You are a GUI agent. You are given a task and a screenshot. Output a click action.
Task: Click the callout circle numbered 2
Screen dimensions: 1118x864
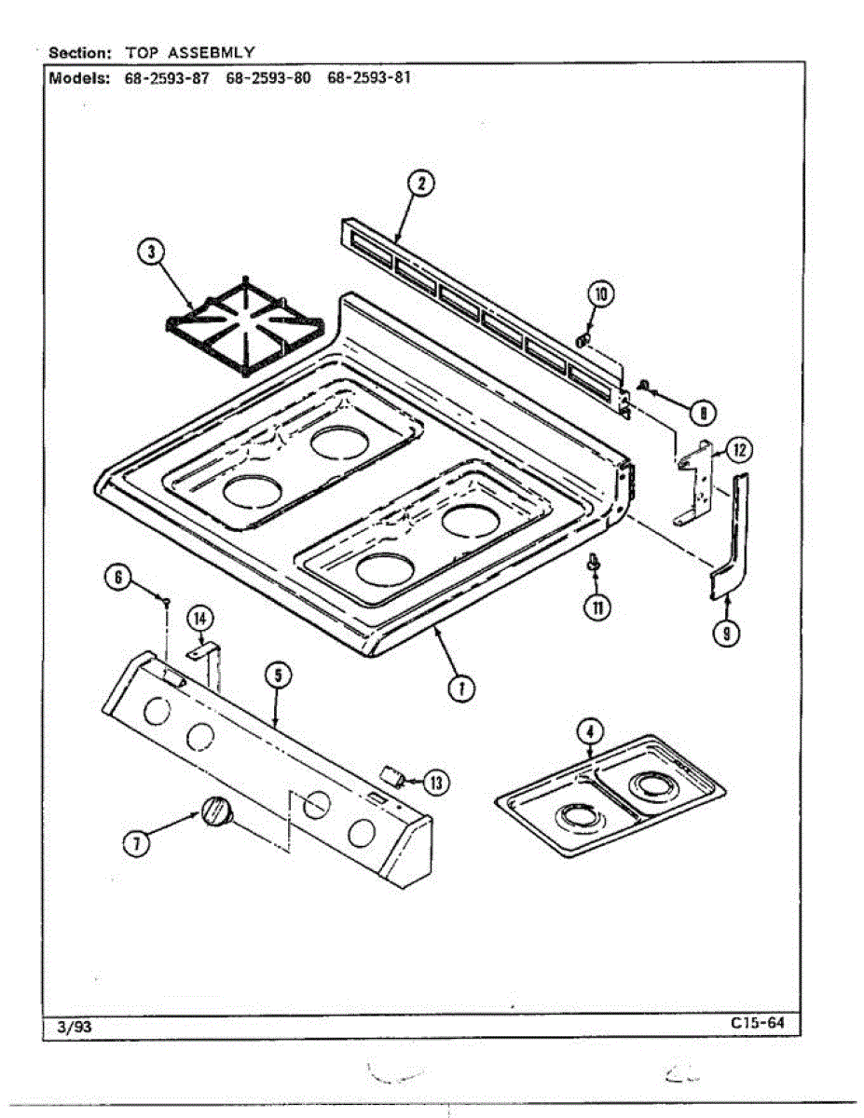click(420, 184)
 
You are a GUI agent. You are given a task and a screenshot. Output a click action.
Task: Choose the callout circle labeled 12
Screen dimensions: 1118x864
click(737, 450)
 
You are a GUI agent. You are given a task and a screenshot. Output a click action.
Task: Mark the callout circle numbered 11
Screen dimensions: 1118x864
click(595, 607)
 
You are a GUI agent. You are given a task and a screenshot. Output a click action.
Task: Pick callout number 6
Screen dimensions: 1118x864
click(117, 578)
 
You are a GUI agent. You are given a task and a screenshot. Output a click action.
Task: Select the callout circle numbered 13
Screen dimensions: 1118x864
click(434, 782)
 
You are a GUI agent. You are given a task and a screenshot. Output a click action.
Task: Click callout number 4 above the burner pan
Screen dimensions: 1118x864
click(589, 732)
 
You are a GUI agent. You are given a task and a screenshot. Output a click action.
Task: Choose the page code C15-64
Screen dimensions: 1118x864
click(759, 1024)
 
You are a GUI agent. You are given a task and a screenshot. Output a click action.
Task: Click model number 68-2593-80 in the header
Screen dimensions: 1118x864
click(268, 78)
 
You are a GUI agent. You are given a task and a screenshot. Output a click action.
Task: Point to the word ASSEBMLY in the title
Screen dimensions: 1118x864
click(211, 52)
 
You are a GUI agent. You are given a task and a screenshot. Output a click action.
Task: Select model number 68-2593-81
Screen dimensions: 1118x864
click(369, 78)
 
